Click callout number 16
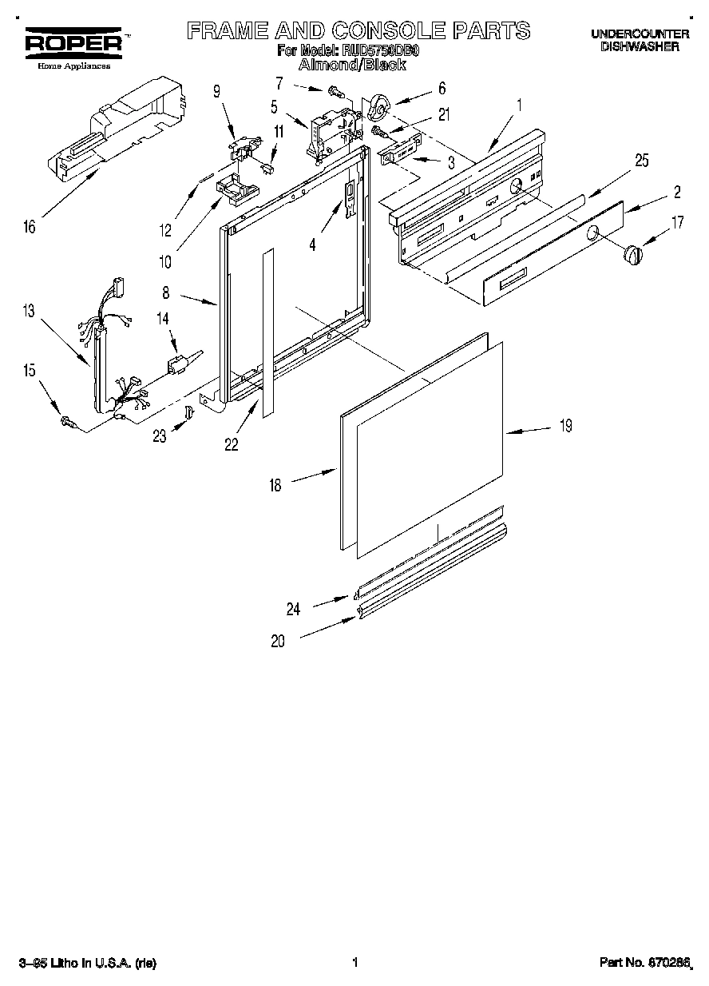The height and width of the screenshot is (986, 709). pos(30,228)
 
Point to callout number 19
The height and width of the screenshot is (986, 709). pos(565,427)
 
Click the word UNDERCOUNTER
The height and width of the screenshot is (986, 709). pos(640,34)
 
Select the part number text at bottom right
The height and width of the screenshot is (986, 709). pos(644,964)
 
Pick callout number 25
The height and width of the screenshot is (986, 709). pos(641,161)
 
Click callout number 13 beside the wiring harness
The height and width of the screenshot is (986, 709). pos(30,312)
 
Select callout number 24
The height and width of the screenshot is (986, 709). pos(293,609)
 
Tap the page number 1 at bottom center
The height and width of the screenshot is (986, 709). pos(354,964)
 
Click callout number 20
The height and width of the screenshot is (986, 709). pos(277,640)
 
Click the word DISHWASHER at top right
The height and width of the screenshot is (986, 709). pos(640,47)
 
